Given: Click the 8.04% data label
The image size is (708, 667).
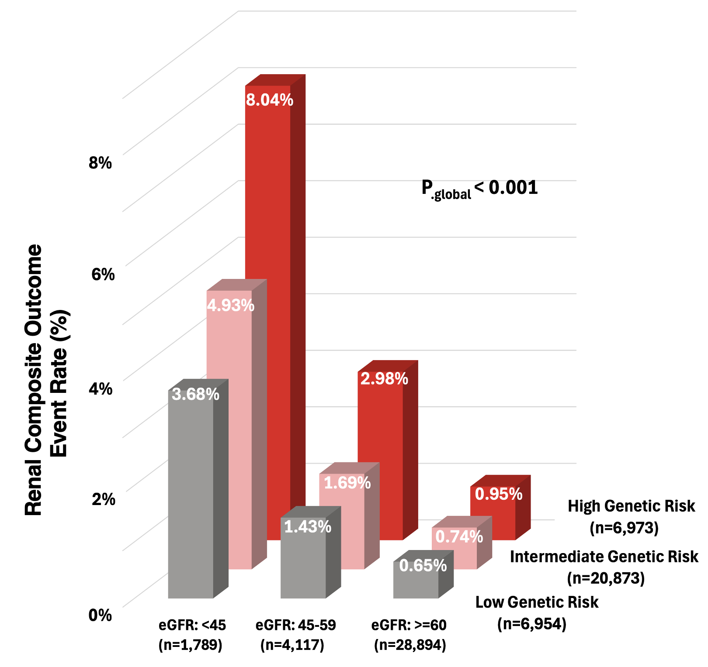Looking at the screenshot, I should pyautogui.click(x=269, y=100).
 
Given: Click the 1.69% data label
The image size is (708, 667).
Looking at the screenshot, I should pyautogui.click(x=347, y=483).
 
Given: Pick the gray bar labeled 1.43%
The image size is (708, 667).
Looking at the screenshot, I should pyautogui.click(x=303, y=563).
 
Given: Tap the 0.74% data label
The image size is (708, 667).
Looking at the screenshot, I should pyautogui.click(x=459, y=536).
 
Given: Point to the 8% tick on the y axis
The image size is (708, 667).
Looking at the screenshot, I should pyautogui.click(x=101, y=163).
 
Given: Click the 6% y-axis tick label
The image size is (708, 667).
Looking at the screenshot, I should pyautogui.click(x=103, y=274).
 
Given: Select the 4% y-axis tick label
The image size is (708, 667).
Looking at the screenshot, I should pyautogui.click(x=101, y=388).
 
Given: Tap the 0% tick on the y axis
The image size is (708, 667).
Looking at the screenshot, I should pyautogui.click(x=101, y=615).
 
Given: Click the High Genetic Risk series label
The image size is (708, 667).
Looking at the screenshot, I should pyautogui.click(x=631, y=506).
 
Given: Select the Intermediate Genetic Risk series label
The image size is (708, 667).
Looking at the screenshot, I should pyautogui.click(x=604, y=557).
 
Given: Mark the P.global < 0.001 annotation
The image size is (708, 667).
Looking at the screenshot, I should pyautogui.click(x=479, y=189).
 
